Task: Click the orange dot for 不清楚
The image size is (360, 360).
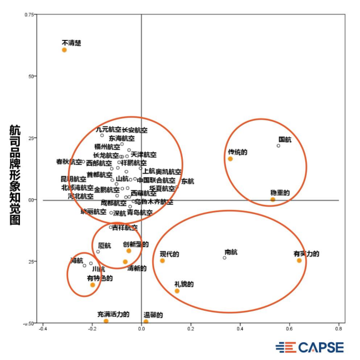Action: tap(64, 50)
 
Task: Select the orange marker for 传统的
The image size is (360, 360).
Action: tap(230, 159)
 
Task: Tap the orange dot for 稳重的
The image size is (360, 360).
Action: tap(272, 199)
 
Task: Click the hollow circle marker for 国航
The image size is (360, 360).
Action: tap(279, 146)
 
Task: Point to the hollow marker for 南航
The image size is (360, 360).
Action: tap(224, 258)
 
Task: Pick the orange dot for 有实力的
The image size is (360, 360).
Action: tap(299, 260)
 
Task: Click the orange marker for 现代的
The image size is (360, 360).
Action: tap(162, 261)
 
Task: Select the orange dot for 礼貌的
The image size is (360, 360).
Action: tap(177, 291)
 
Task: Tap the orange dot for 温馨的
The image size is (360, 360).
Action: tap(146, 322)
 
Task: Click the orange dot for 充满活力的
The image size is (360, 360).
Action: tap(106, 321)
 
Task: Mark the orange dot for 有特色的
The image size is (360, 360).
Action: tap(92, 285)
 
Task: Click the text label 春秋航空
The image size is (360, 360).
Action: tap(69, 162)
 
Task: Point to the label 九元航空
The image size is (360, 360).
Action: tap(108, 130)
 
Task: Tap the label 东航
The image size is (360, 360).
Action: tap(188, 181)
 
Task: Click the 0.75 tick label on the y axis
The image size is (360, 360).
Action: tap(29, 13)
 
